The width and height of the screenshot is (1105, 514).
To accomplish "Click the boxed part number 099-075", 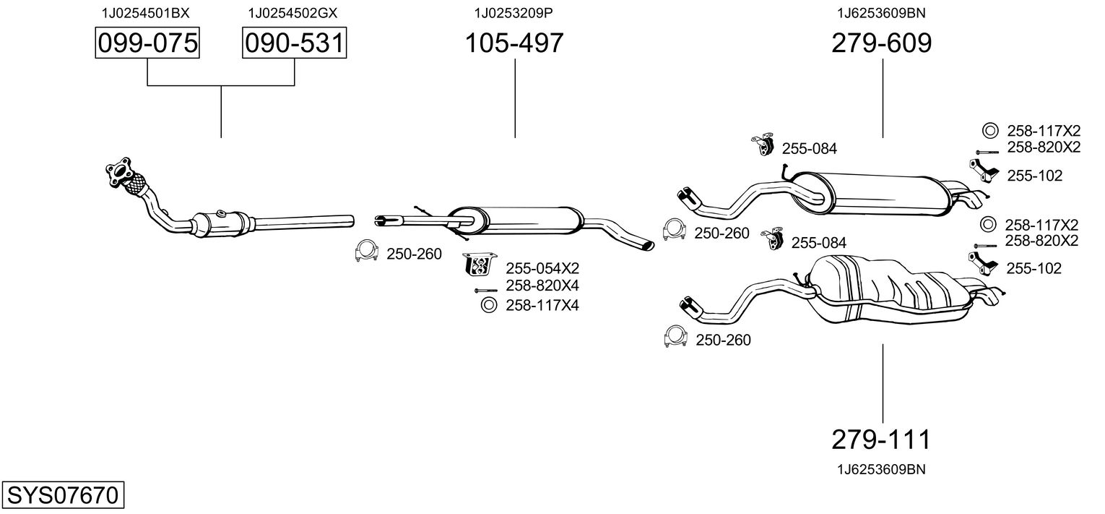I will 147,43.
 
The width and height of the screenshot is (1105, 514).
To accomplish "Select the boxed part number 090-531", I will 294,43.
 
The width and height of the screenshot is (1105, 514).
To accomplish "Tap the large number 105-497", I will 513,43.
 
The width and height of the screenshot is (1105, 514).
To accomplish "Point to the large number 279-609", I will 882,43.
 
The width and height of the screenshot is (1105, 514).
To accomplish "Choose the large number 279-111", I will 882,439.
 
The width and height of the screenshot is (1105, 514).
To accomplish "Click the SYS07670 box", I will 62,496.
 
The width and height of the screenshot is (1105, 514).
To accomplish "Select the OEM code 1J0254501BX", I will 145,12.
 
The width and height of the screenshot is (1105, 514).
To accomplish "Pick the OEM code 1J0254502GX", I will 292,12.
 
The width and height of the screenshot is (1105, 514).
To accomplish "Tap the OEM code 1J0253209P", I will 513,12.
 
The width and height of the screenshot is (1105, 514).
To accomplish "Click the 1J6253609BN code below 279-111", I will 881,469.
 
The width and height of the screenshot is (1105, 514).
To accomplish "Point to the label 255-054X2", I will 542,268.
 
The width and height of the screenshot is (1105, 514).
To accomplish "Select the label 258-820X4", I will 542,286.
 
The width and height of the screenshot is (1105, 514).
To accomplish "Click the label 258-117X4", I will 542,306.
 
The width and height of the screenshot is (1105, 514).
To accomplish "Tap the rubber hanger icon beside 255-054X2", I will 480,265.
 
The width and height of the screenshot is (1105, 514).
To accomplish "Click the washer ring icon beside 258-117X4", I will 488,305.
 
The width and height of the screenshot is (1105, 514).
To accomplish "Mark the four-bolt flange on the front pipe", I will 121,170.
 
